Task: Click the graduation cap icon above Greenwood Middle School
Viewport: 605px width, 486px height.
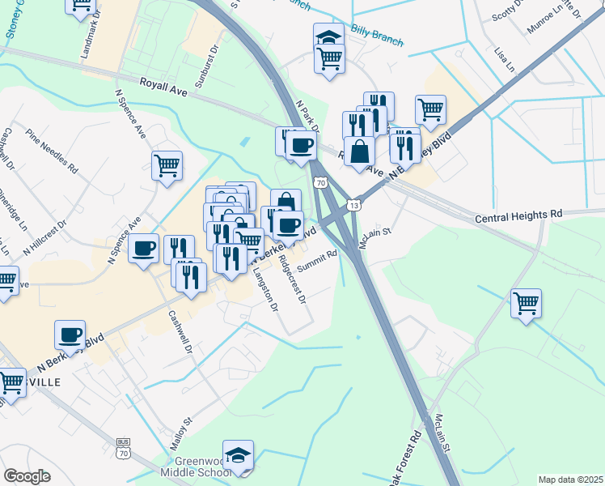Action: (239, 456)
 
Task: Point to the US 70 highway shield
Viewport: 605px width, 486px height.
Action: (320, 184)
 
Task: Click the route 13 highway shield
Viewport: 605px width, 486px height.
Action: (353, 205)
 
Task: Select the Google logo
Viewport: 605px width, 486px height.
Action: (27, 476)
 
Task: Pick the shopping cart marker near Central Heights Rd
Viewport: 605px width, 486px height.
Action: (527, 304)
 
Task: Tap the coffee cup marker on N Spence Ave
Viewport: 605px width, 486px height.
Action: (143, 249)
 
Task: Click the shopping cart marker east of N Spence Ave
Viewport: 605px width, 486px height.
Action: (167, 165)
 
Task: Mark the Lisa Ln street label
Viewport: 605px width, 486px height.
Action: (502, 58)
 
